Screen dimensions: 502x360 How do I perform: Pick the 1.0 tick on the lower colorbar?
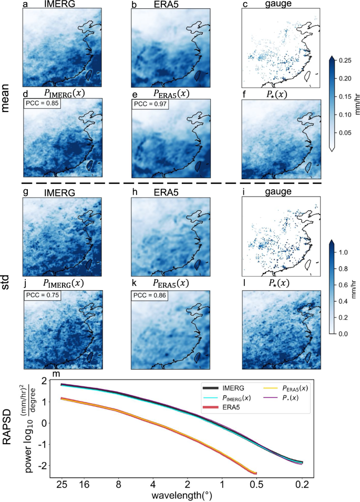[344, 253]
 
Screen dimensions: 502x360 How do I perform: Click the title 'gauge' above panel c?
[276, 5]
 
